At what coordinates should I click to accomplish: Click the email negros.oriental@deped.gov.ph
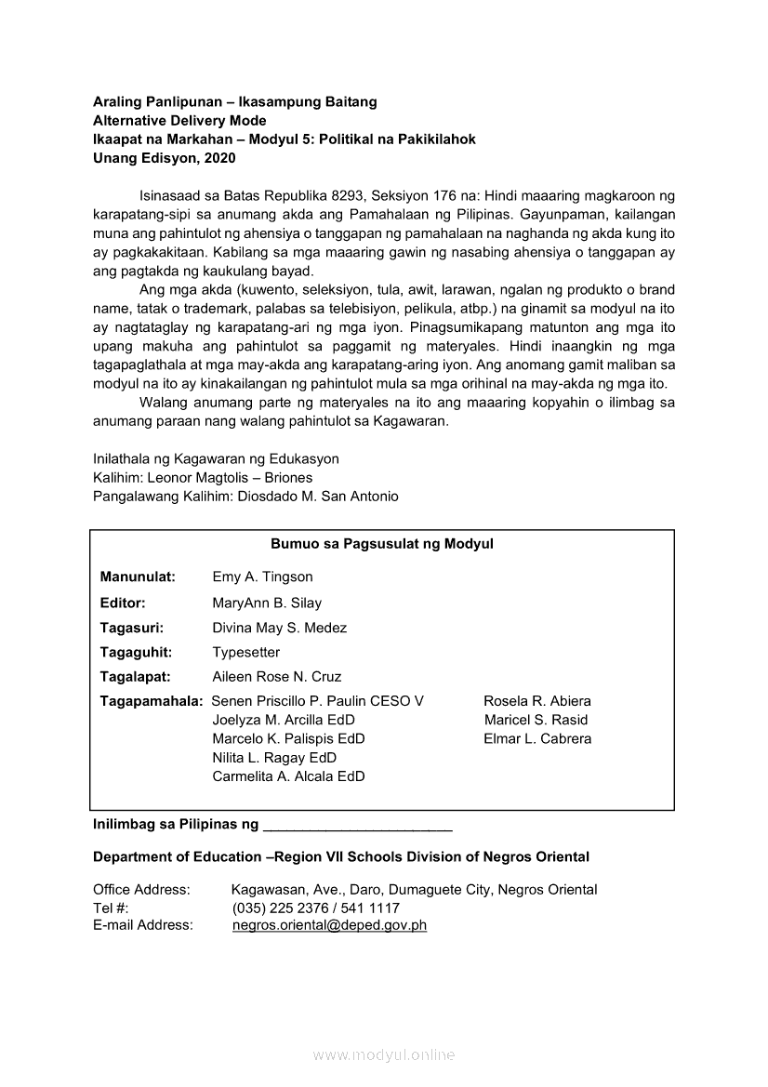tap(329, 925)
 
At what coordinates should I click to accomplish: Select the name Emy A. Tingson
tap(262, 577)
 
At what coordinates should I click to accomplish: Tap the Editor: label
tap(123, 603)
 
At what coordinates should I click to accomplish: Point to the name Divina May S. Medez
tap(279, 629)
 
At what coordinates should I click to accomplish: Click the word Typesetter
tap(245, 653)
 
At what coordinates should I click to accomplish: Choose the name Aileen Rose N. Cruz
tap(276, 677)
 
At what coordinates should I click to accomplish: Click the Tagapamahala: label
tap(152, 701)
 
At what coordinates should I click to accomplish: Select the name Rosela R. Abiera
tap(536, 701)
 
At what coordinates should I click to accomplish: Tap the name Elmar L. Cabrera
tap(536, 739)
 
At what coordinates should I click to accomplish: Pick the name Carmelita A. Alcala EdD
tap(288, 776)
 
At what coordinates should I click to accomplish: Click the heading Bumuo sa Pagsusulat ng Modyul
tap(381, 544)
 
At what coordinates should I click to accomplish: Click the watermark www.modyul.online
tap(383, 1055)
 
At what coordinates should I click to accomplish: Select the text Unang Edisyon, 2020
tap(165, 158)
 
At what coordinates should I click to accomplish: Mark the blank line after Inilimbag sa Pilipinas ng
tap(358, 826)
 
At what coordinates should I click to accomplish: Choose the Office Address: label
tap(141, 890)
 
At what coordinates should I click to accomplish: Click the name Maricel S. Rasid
tap(536, 720)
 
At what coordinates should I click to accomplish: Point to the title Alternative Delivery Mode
tap(179, 121)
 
